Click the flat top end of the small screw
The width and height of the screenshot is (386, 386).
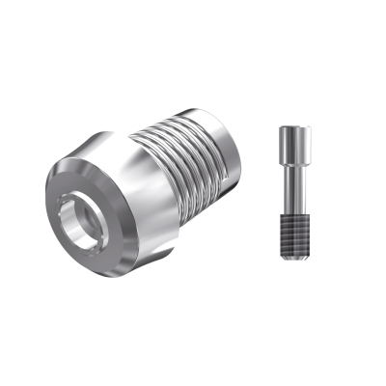click(290, 127)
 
